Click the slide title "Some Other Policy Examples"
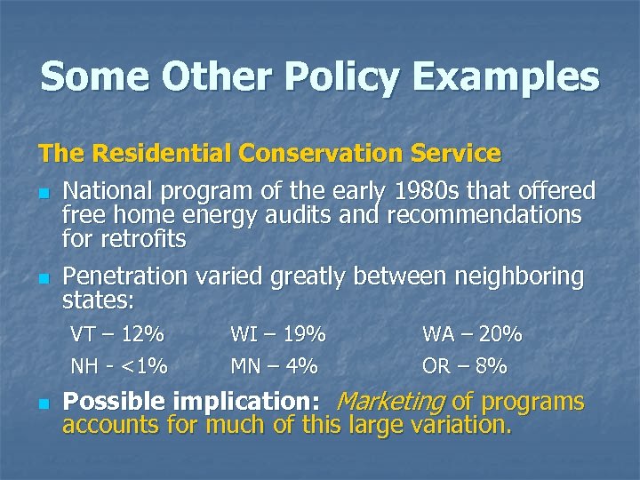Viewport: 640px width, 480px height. click(320, 76)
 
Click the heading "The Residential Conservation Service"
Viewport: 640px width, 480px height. click(270, 153)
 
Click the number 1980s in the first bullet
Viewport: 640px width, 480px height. click(429, 190)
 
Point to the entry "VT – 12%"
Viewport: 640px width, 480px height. click(117, 335)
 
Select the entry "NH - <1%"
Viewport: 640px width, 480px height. click(119, 365)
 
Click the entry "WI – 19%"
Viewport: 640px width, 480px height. click(278, 335)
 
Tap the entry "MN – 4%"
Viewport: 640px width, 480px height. click(274, 365)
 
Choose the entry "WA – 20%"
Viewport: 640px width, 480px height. click(472, 335)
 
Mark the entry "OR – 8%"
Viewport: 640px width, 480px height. click(465, 365)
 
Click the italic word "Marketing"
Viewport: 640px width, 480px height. click(390, 402)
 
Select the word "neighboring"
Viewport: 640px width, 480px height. click(519, 276)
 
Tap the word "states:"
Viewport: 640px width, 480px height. click(95, 300)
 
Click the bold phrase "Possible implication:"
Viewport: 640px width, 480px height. click(192, 402)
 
